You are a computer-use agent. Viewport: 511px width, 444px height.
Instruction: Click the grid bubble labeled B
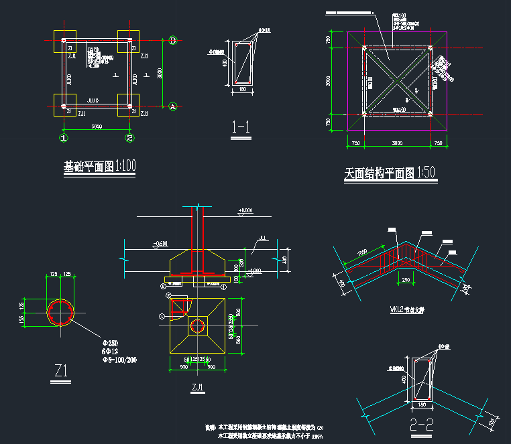pos(172,41)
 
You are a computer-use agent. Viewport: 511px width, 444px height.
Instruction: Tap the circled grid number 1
pos(64,138)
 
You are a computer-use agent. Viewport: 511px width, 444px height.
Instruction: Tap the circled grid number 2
pos(130,138)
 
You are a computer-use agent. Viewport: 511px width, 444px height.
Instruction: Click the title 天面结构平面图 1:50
pos(390,173)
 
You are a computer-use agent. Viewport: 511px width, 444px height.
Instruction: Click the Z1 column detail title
pos(62,369)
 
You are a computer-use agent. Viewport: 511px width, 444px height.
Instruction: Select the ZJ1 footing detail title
pos(197,387)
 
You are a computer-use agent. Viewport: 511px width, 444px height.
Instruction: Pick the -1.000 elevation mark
pos(253,271)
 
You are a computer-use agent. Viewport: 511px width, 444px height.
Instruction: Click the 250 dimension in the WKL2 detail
pos(406,279)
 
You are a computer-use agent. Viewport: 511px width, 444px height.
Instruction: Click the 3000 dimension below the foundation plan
pos(97,127)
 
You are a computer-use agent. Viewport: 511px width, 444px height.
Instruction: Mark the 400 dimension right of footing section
pos(284,259)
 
